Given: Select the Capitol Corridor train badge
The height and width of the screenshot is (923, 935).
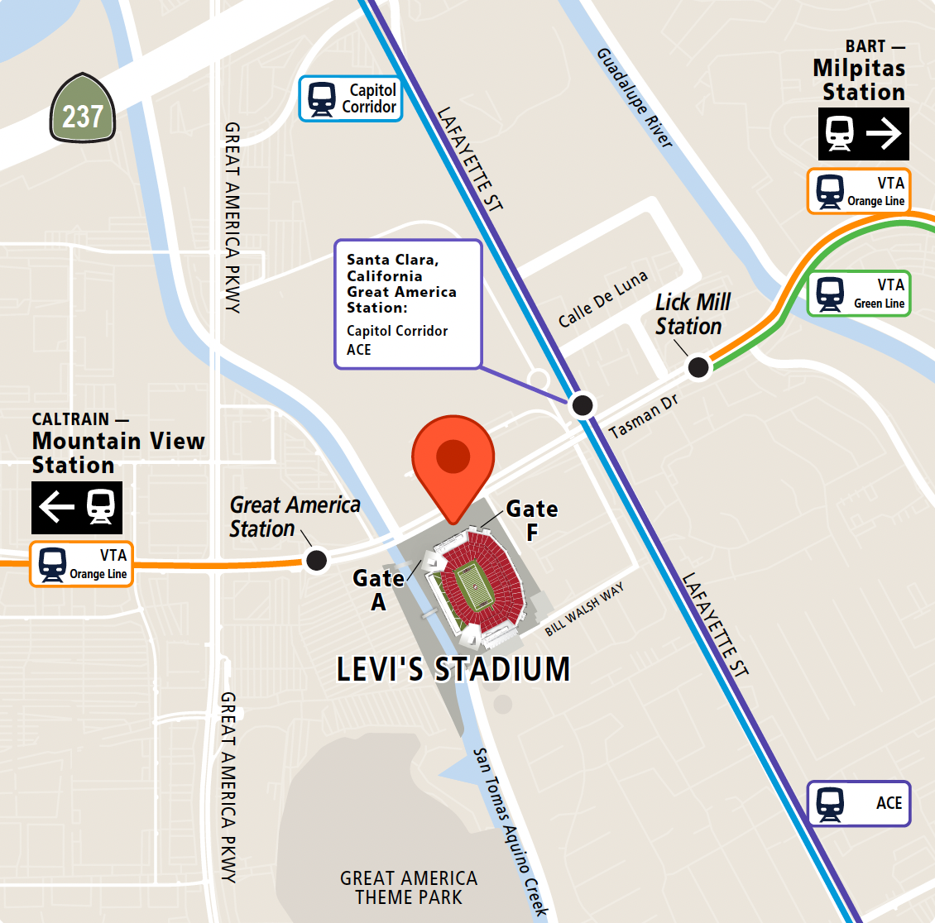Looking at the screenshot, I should (351, 99).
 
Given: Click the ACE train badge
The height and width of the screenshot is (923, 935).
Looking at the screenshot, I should (859, 803).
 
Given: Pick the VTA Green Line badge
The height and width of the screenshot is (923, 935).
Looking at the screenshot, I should (859, 294).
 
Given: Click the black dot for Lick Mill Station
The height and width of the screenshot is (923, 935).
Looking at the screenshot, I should (699, 366).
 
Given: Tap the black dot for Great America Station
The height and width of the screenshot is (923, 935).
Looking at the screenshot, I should (316, 560).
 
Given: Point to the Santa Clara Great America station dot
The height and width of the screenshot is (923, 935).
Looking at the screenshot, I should (583, 404).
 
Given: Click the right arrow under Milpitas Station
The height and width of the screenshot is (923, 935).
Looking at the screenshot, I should (884, 133).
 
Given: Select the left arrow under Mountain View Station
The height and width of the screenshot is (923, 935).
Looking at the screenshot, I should (56, 507).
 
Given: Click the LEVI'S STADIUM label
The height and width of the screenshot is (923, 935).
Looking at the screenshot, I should (453, 669).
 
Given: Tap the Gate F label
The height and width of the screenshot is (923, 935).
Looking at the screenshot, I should (532, 520).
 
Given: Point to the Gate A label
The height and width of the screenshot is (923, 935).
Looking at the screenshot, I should (379, 589).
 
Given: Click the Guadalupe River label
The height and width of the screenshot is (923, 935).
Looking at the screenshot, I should (635, 98).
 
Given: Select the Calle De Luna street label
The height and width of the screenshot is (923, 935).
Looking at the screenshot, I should (602, 299).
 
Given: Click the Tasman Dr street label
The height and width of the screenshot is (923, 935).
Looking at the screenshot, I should (643, 417).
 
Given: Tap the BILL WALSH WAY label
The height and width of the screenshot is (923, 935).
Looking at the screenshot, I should (584, 610).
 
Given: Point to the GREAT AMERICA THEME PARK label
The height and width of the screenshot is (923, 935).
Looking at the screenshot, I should (409, 887).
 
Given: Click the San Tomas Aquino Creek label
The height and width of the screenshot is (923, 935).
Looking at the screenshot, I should (511, 831).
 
